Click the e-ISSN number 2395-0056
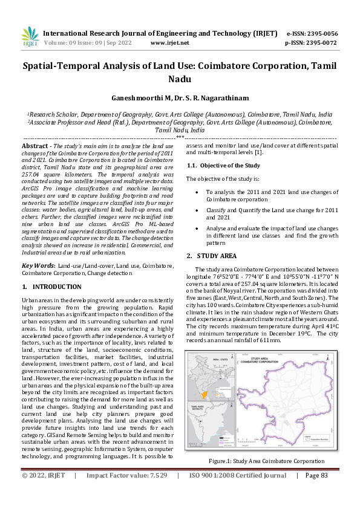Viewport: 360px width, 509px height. [321, 33]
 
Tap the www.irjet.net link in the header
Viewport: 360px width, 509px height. [169, 43]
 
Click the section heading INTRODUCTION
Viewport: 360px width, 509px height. [52, 286]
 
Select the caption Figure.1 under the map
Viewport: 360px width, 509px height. [266, 461]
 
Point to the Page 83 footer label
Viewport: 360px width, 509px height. [316, 492]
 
